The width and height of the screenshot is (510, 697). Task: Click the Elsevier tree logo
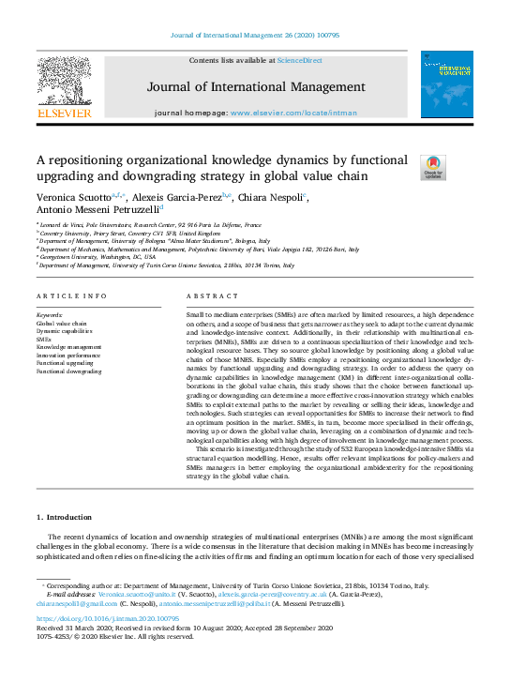64,80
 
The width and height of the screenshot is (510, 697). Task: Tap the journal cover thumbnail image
446,84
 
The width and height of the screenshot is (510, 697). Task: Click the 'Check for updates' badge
433,167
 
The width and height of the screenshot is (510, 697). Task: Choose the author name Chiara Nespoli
275,198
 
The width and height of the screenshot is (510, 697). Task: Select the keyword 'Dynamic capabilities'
66,331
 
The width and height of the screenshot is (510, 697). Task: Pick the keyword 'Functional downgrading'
68,371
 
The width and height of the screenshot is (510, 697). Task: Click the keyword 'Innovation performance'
68,356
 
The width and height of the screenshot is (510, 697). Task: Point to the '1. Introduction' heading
64,518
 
